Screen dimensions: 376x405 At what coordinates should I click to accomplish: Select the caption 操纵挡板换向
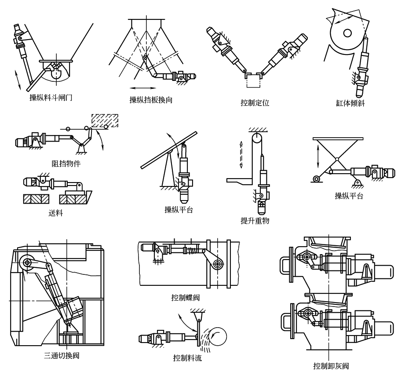pos(150,100)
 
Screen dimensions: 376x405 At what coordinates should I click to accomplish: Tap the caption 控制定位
pos(255,103)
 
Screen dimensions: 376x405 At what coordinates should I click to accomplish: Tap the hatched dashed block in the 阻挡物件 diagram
pos(104,119)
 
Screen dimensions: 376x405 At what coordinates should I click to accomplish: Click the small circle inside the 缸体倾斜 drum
pos(347,33)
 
